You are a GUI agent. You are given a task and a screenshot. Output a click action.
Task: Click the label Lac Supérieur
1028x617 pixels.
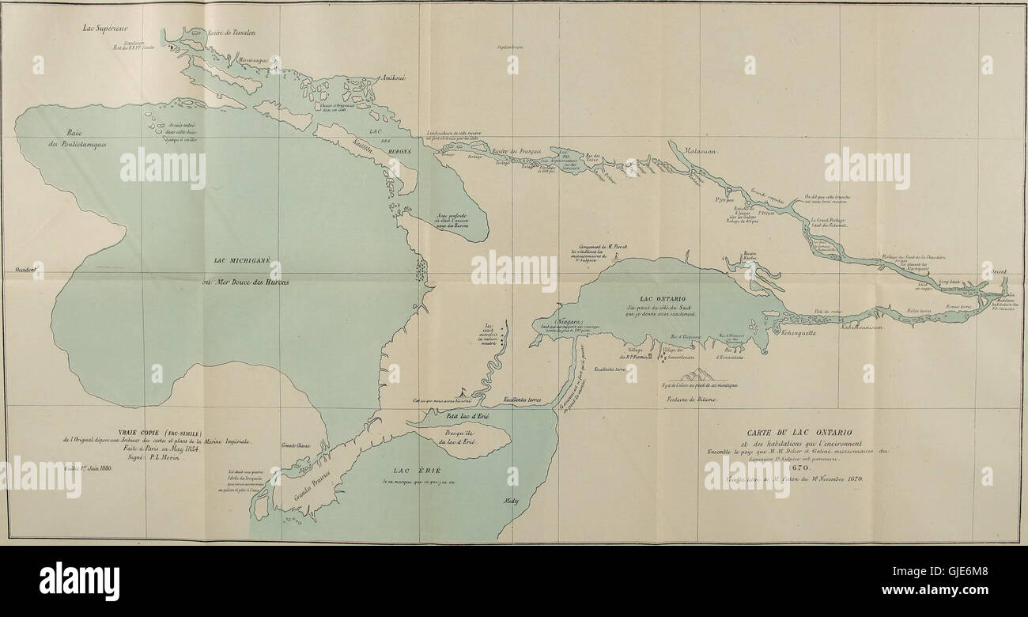[106, 28]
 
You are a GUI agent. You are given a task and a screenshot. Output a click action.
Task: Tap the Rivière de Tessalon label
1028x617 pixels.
[231, 33]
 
